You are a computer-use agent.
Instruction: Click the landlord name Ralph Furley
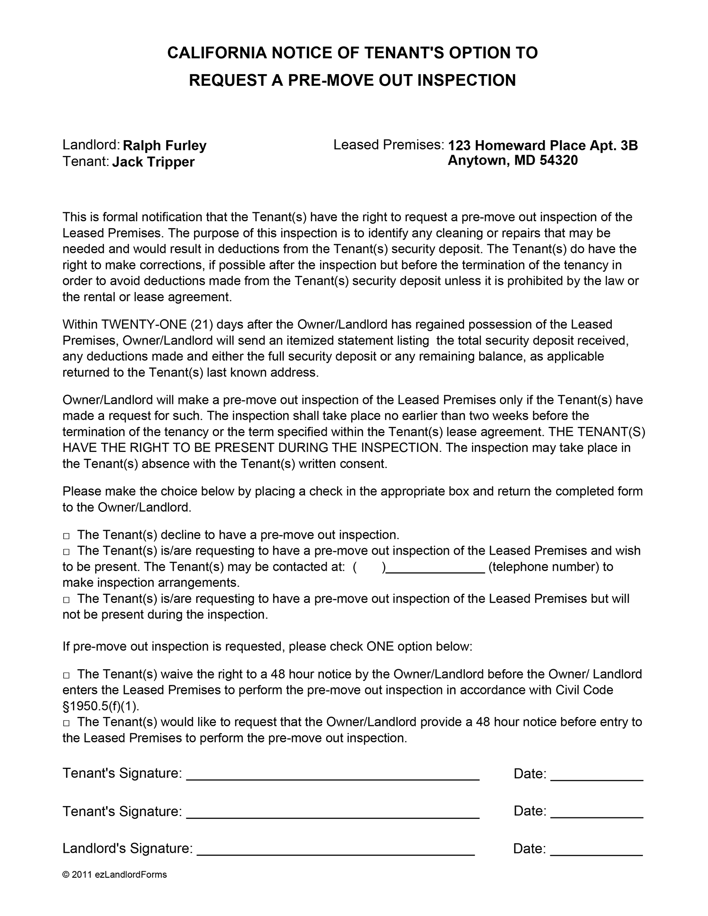164,146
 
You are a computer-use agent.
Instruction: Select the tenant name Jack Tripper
153,162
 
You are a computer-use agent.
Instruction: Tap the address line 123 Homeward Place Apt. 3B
543,145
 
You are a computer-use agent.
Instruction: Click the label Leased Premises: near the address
388,145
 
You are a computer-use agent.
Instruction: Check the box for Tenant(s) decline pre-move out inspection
67,536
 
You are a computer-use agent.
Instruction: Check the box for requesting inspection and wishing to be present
67,551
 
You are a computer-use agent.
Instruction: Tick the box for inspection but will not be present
67,600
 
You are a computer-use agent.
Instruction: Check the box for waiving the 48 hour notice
67,675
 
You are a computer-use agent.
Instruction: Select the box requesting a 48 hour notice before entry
67,723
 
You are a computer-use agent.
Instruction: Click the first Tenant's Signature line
333,775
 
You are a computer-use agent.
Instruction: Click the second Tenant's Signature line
333,813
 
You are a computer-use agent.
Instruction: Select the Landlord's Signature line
335,850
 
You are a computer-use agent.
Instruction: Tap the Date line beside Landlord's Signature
596,850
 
